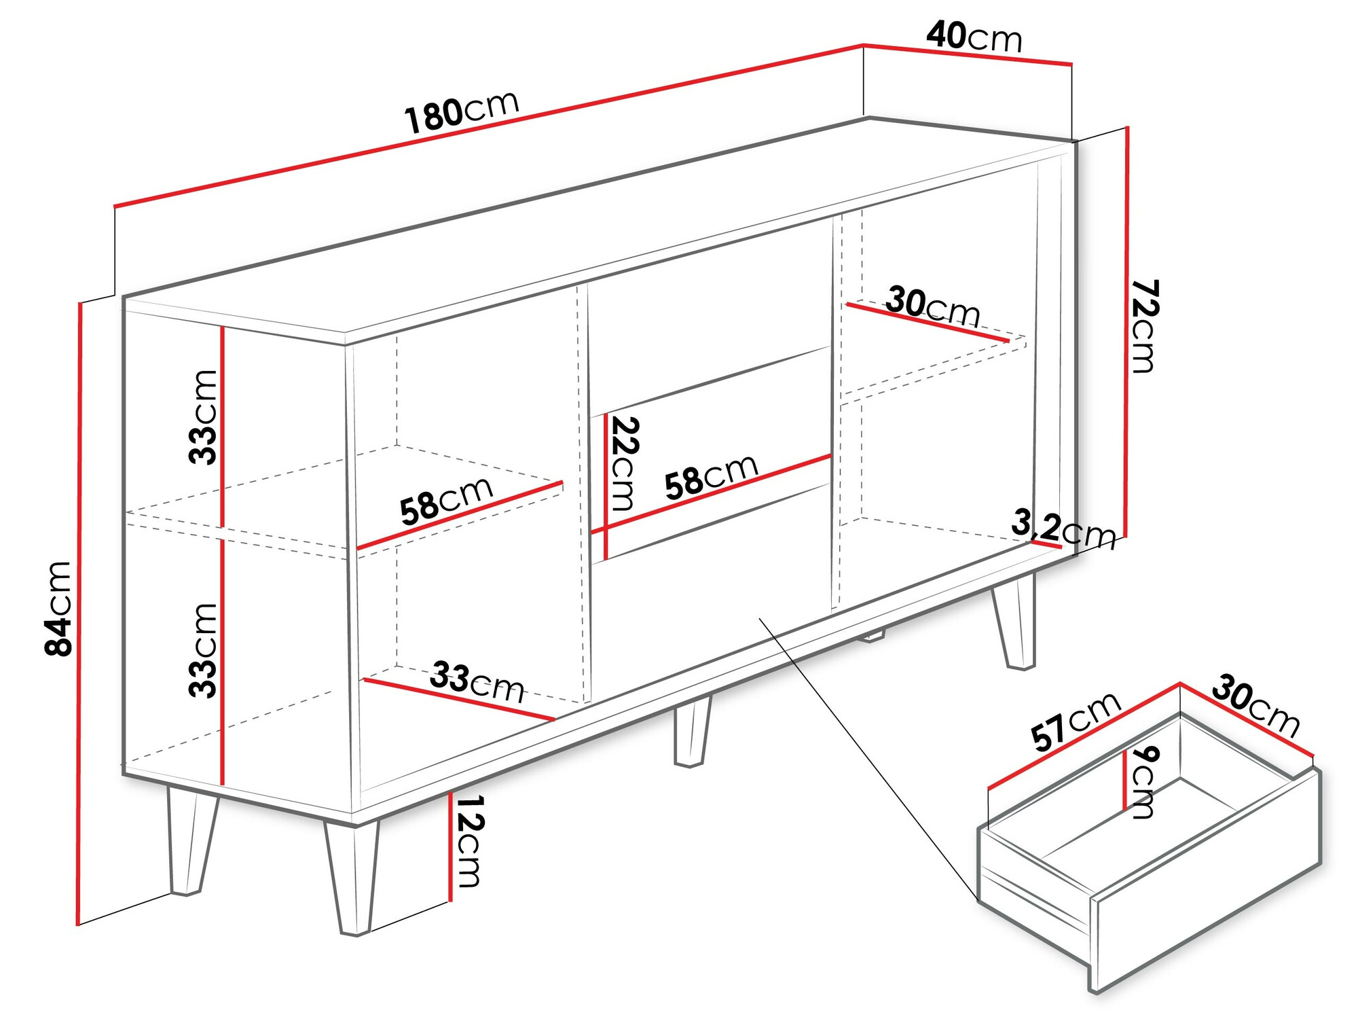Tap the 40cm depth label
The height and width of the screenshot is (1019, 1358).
click(974, 37)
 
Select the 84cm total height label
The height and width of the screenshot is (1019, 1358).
click(58, 608)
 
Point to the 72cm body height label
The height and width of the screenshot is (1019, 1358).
click(1144, 326)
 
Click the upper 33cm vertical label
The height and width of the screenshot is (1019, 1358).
click(203, 416)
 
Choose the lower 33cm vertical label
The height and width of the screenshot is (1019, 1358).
click(203, 650)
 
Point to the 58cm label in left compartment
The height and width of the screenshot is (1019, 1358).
click(446, 501)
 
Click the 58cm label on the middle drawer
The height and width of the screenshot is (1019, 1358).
click(710, 476)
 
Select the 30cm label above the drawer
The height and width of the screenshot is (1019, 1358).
click(1256, 707)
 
